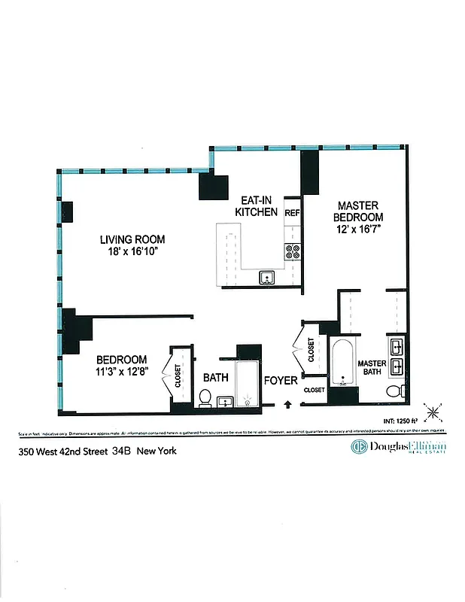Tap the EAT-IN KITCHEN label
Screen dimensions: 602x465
257,206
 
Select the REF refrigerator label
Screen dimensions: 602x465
293,214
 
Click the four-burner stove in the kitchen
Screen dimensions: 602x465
292,251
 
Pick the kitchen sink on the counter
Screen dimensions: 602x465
266,278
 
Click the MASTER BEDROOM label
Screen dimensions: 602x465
357,212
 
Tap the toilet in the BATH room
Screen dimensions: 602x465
205,397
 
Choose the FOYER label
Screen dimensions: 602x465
280,381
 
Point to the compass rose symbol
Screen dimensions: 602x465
433,412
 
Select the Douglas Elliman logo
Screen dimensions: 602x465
398,448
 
